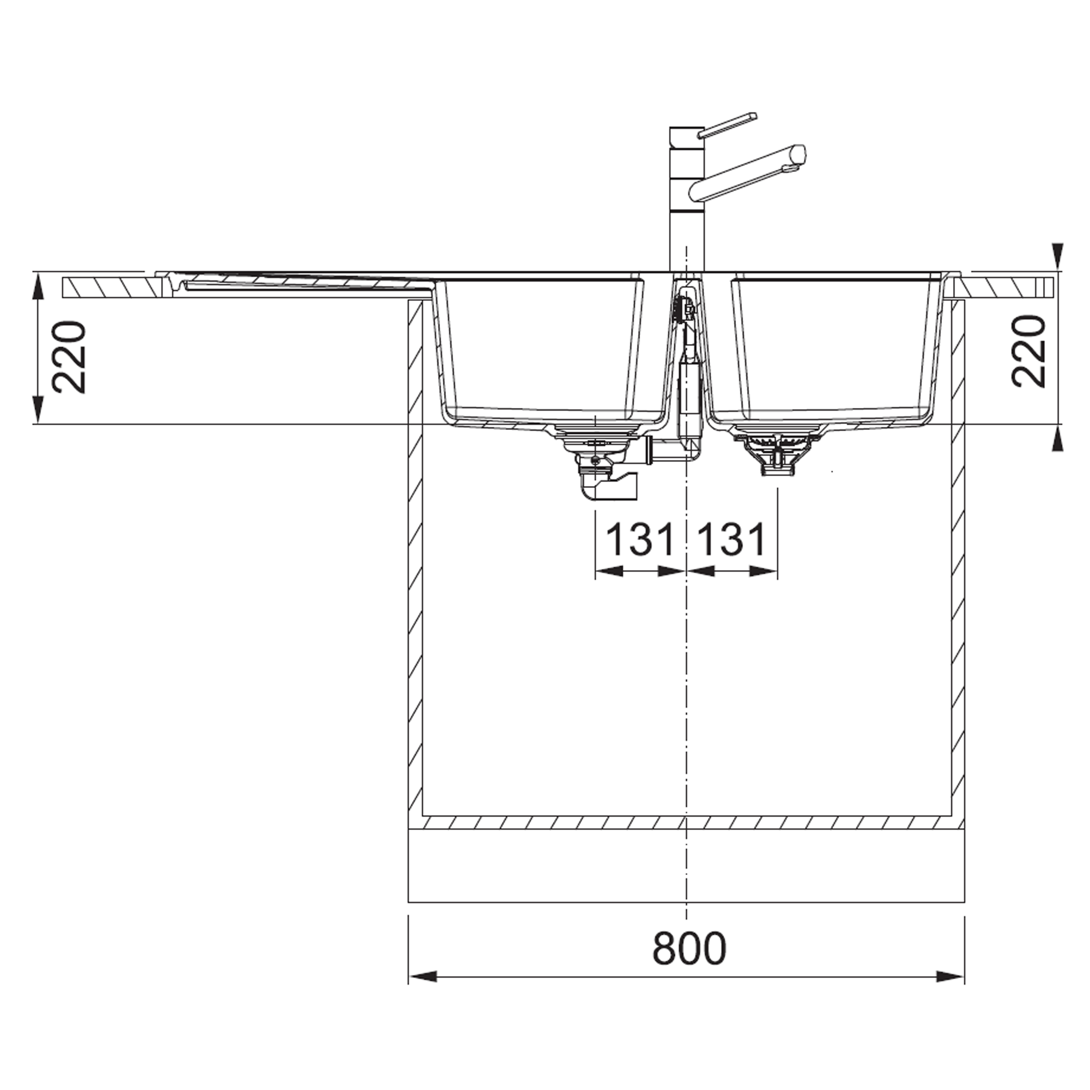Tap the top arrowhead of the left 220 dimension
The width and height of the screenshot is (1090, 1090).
pos(38,286)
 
